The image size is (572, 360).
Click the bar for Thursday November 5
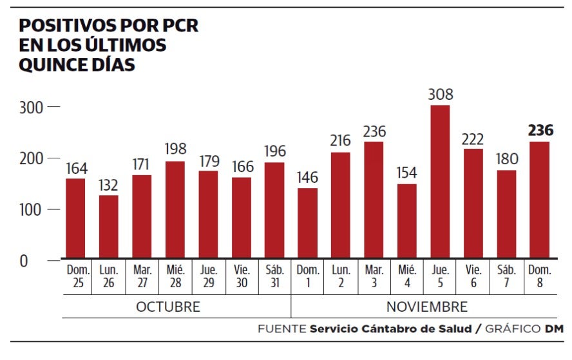440,182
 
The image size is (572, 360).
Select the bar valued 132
108,226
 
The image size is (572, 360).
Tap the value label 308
441,95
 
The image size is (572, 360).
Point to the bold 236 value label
540,131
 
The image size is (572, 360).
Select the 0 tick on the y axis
23,261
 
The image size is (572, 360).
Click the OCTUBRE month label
168,307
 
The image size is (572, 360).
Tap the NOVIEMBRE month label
426,307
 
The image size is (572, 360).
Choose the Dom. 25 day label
76,276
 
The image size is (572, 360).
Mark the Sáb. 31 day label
274,276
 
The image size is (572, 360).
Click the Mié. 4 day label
407,276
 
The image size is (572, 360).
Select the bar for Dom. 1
307,223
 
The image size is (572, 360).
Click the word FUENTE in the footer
281,328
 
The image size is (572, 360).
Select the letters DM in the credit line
554,328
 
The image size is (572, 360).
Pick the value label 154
407,173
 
